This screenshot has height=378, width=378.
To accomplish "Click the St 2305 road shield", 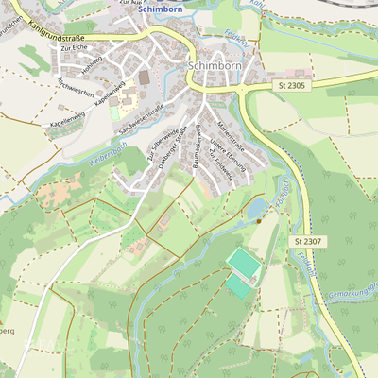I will (x=293, y=85).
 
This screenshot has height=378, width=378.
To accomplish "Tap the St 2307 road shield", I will (x=306, y=242).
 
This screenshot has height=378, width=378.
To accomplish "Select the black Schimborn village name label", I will (x=217, y=66).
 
